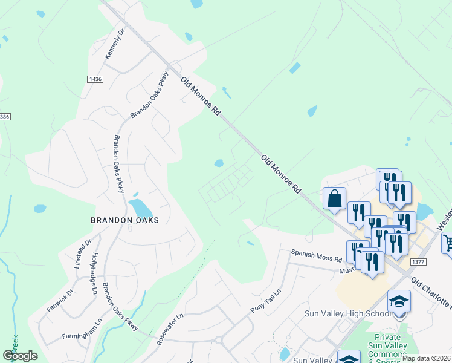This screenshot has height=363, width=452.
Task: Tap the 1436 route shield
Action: click(95, 79)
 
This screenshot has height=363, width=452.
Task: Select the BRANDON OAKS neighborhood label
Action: click(124, 220)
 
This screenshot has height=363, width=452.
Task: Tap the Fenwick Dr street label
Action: click(60, 301)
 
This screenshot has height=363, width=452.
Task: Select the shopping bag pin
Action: click(334, 199)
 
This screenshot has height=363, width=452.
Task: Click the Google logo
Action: click(20, 356)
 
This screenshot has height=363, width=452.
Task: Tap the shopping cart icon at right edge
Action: click(448, 243)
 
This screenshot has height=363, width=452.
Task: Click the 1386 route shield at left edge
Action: click(4, 116)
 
